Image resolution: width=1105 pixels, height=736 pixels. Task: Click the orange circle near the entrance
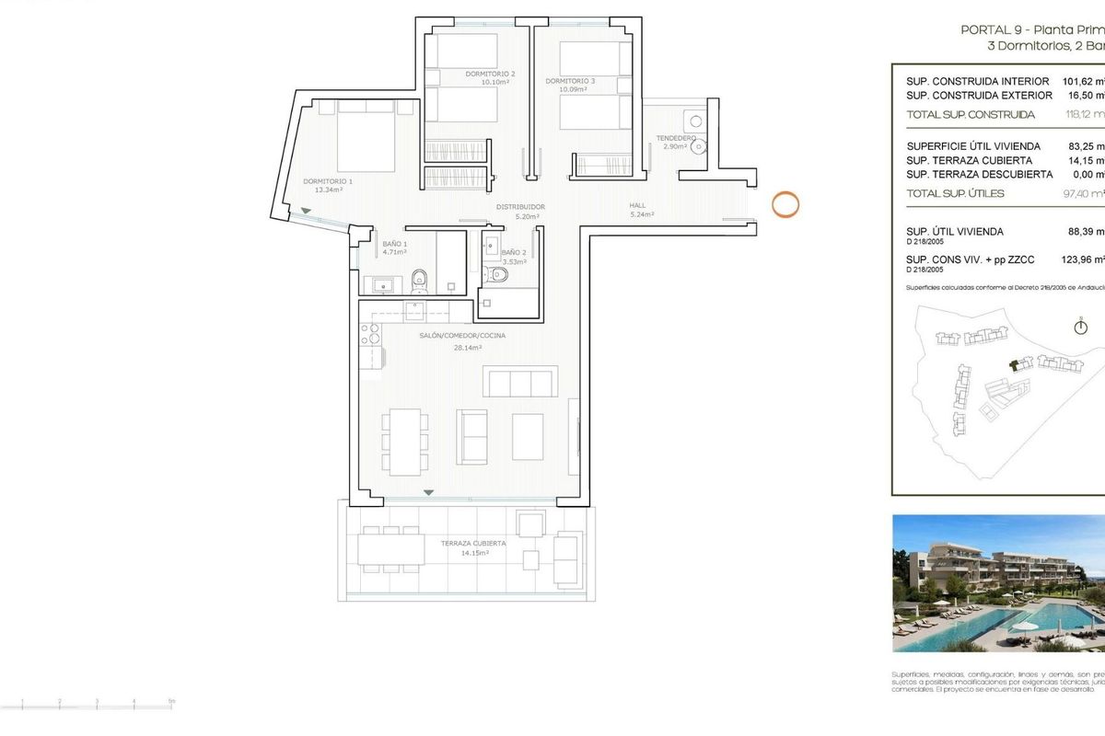click(785, 204)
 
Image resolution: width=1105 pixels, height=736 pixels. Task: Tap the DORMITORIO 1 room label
click(328, 181)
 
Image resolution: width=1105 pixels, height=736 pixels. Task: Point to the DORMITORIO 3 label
click(570, 81)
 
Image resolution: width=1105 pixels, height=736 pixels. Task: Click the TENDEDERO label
click(676, 138)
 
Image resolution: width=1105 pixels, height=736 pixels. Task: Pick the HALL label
click(637, 206)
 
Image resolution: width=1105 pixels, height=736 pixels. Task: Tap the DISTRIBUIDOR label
click(521, 207)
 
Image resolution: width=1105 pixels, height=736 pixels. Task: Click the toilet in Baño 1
click(419, 277)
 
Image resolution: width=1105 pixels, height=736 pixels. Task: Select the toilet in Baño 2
click(500, 273)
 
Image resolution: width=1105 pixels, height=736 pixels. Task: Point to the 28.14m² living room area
click(468, 348)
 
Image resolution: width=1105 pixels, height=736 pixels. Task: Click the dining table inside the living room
click(405, 442)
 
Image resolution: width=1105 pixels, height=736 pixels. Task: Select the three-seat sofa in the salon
click(520, 380)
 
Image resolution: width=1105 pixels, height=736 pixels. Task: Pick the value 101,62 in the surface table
click(1083, 81)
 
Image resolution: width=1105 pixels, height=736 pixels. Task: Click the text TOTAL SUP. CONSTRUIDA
click(971, 115)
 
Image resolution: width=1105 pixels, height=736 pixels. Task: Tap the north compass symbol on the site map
click(1081, 327)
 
